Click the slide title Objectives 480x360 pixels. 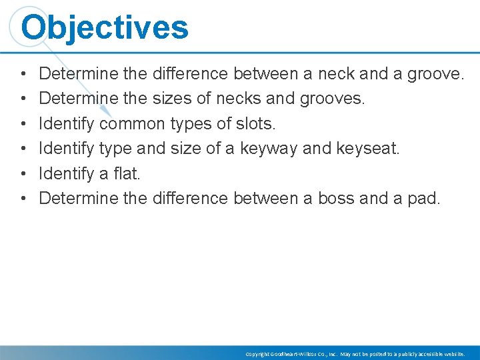[x=105, y=28]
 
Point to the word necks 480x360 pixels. [x=233, y=99]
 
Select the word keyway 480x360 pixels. [x=274, y=148]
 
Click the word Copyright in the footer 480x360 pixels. [x=256, y=353]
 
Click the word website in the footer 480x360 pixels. [x=451, y=353]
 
